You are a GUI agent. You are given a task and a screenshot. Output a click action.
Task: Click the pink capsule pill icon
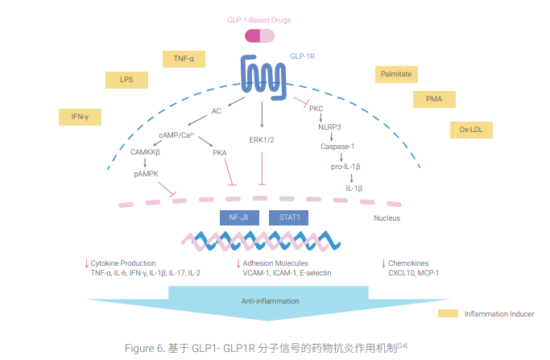260,35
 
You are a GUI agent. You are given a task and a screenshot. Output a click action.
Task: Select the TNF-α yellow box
184,59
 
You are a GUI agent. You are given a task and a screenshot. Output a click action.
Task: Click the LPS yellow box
126,80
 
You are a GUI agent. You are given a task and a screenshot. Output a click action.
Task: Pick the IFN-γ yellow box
80,117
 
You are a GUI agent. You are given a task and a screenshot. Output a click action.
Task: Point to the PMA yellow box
434,100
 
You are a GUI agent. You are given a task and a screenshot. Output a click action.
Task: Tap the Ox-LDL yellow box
470,129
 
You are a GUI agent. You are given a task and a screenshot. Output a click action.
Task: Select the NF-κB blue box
238,217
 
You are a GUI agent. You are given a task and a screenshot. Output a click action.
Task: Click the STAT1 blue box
289,217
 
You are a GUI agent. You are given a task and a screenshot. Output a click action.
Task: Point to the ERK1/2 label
262,139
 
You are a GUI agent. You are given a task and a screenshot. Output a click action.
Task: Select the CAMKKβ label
146,151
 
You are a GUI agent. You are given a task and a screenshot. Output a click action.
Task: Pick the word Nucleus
387,218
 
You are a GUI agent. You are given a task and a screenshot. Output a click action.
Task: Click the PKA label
220,152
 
